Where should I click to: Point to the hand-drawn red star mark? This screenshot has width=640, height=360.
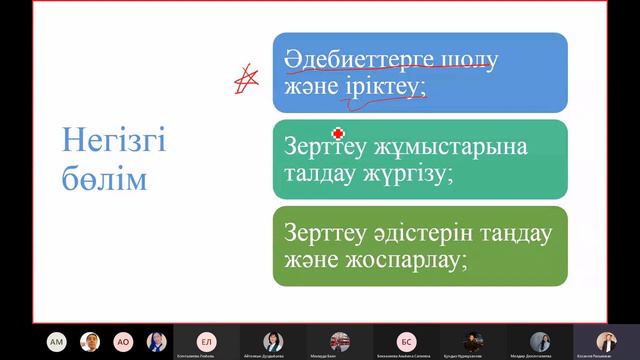[241, 79]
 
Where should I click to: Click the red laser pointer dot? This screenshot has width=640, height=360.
[338, 132]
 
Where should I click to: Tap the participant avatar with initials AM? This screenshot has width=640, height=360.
[56, 340]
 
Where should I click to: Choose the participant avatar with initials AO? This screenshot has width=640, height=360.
[123, 340]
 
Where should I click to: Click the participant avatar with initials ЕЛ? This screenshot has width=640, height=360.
[206, 340]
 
